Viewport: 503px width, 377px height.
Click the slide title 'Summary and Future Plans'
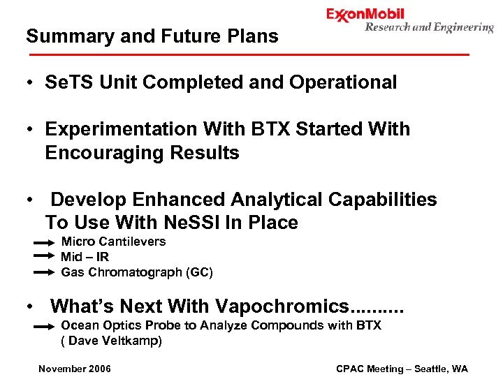point(152,36)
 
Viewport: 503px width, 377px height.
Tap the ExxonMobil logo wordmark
point(365,15)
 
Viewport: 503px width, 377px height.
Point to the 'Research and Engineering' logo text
point(429,28)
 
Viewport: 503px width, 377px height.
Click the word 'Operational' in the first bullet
point(343,82)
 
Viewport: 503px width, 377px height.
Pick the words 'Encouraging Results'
point(142,153)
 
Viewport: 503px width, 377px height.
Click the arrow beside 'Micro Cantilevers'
point(43,242)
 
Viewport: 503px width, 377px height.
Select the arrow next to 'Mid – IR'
point(43,257)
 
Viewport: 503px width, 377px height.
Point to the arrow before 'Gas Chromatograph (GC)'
point(43,272)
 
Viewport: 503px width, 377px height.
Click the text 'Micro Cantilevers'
point(113,242)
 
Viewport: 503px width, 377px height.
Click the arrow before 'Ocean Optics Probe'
point(43,326)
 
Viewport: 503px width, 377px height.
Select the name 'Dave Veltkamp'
point(114,341)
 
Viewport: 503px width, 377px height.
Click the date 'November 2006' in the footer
point(75,369)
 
